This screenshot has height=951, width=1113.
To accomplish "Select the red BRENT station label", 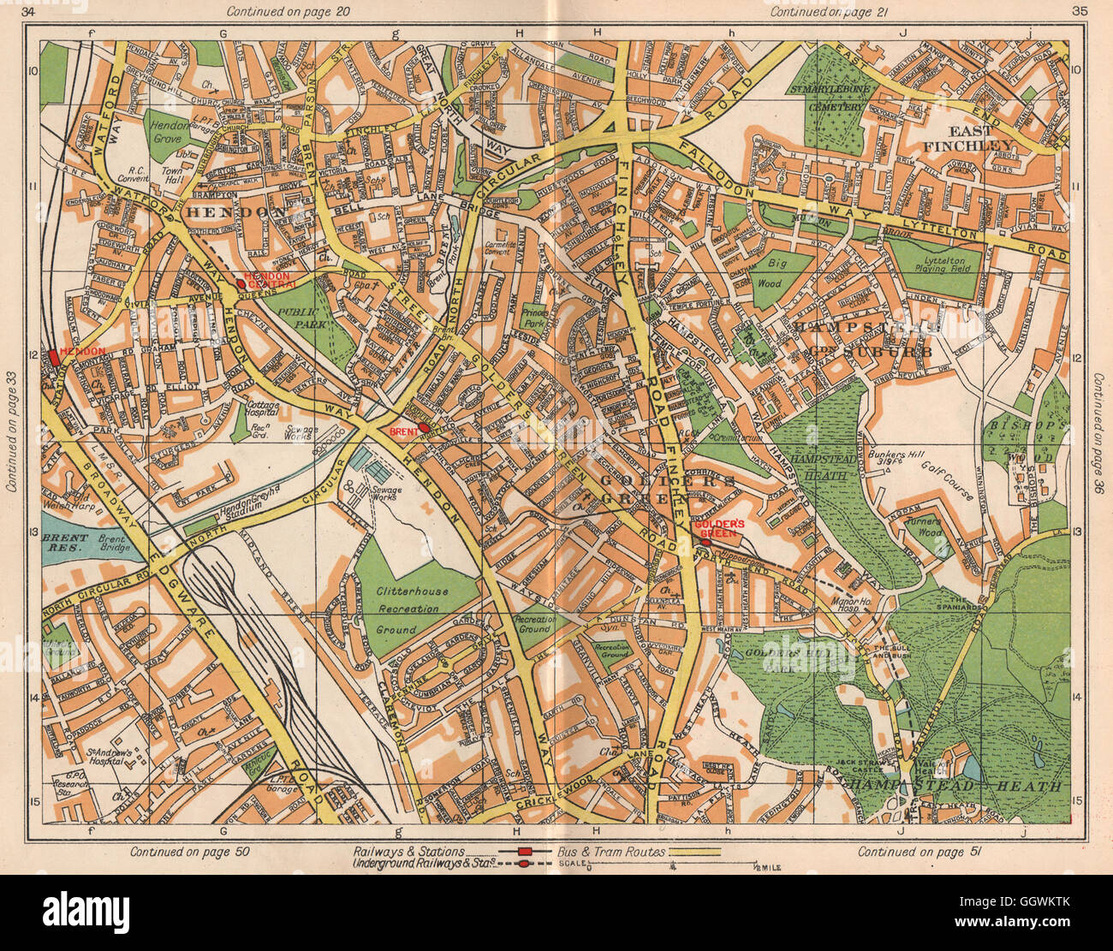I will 402,431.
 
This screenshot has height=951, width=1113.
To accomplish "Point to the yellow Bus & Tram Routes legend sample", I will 693,853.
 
